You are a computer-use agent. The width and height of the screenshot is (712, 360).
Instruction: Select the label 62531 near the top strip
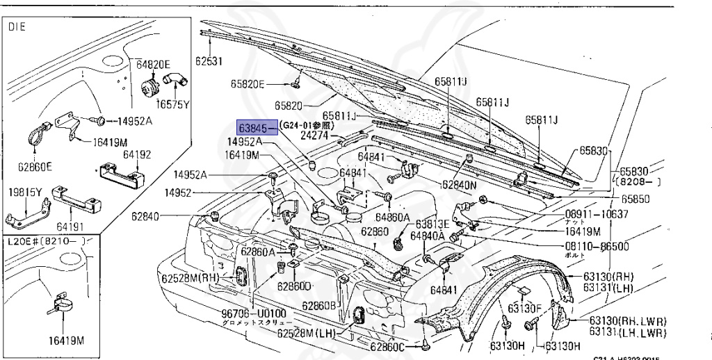208,60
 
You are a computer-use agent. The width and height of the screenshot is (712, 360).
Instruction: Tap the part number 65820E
248,85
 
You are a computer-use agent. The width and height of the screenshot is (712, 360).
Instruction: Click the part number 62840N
460,186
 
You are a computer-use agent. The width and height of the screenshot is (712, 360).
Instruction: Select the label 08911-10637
597,213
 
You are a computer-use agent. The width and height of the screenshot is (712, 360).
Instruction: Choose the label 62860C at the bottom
387,347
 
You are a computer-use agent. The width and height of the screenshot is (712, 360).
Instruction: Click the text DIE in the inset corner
16,29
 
